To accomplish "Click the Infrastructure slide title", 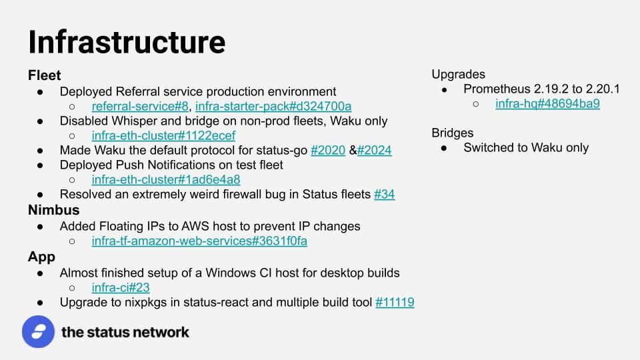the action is [x=127, y=42].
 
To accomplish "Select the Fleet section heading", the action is [x=44, y=75].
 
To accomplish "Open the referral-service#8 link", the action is [x=140, y=106].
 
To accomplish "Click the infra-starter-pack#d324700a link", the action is [x=273, y=106].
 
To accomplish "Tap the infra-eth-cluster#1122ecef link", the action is [x=164, y=135].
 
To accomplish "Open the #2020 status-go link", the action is [x=328, y=150].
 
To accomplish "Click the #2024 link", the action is [x=374, y=150].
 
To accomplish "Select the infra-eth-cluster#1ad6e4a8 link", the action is [x=166, y=179].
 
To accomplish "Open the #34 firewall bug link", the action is [x=385, y=194].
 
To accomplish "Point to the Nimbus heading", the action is [x=53, y=210].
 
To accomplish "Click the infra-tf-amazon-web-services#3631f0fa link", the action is [x=199, y=241].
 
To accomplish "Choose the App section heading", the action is [x=41, y=257].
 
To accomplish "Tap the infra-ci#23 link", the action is [x=121, y=287].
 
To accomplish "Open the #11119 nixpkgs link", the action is [x=395, y=302].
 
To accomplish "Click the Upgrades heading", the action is [x=459, y=74].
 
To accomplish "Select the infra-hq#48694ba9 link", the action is [x=547, y=104].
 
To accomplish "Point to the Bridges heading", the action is [x=453, y=133].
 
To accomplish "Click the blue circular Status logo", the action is [x=39, y=331].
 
